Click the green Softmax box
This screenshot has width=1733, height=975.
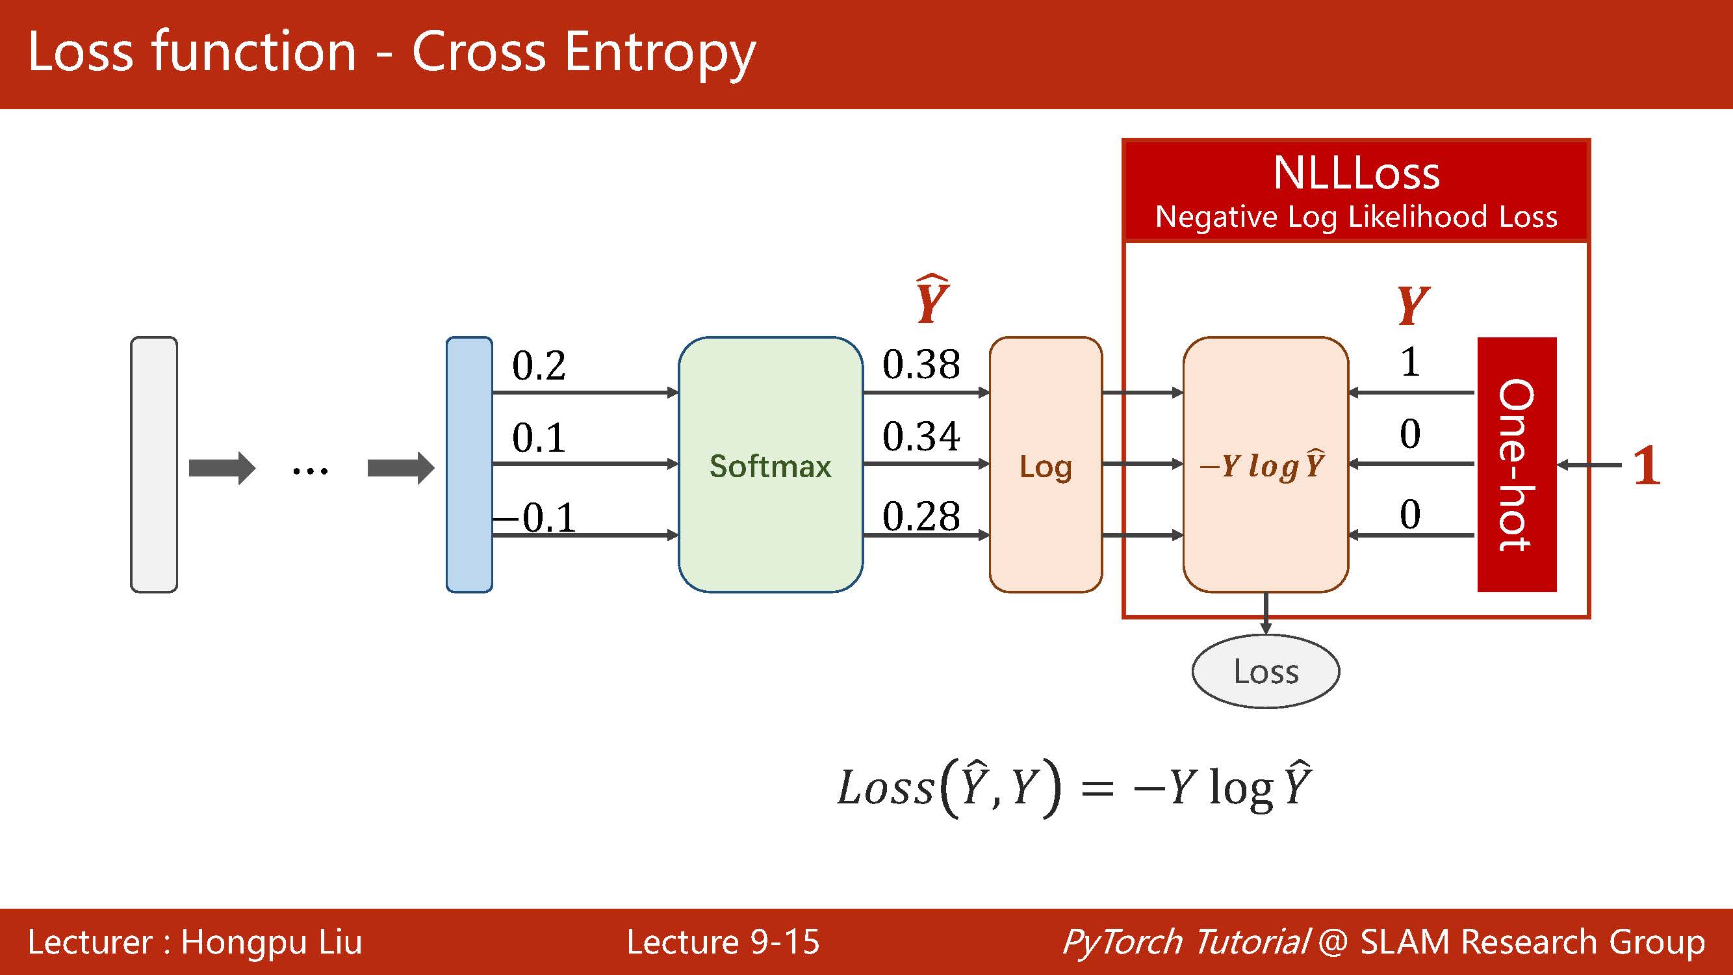point(770,464)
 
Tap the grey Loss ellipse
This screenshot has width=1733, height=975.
point(1265,671)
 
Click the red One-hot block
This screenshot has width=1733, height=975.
point(1517,464)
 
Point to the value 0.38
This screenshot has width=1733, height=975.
point(921,365)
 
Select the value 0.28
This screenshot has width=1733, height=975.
point(921,517)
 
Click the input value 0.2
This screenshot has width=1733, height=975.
point(539,366)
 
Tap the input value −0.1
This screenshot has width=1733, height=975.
point(535,517)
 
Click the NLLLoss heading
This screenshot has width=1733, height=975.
point(1356,174)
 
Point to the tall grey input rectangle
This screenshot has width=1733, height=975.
point(154,464)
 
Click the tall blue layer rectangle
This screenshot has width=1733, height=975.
point(469,464)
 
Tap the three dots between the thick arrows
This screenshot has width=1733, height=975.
point(310,471)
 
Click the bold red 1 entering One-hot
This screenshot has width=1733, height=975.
point(1645,465)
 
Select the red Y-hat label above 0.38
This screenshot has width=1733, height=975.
point(932,300)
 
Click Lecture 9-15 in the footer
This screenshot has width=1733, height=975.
point(723,941)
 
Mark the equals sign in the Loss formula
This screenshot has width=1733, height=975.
point(1097,788)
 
